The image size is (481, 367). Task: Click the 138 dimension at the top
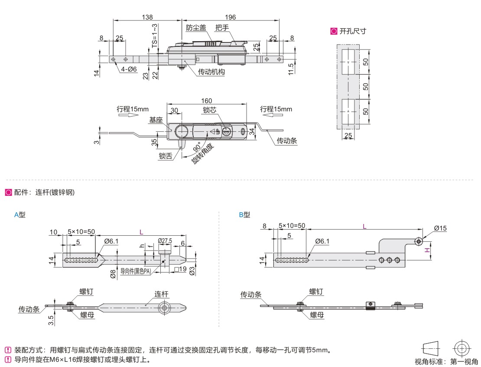click(x=147, y=17)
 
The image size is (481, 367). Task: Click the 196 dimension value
click(x=231, y=17)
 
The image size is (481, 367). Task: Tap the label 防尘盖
click(x=196, y=28)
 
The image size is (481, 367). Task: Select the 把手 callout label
click(x=222, y=28)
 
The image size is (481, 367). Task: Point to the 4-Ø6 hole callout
click(x=129, y=69)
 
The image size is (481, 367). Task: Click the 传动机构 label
click(x=211, y=72)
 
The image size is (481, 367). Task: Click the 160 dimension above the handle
click(x=206, y=101)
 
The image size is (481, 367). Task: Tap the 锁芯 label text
click(x=210, y=110)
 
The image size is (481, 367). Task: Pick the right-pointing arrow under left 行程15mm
click(x=128, y=115)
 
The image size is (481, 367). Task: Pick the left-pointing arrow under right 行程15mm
click(x=273, y=115)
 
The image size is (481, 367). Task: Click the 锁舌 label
click(x=166, y=156)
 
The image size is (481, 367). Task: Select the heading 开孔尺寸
click(x=353, y=31)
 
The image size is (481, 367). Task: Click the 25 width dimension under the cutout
click(x=348, y=135)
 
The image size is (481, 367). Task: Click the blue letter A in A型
click(x=16, y=215)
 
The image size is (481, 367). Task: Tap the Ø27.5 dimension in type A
click(x=165, y=241)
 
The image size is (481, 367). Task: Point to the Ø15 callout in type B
click(x=440, y=228)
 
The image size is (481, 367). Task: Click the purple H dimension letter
click(x=427, y=250)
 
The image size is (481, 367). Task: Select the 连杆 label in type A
click(x=161, y=294)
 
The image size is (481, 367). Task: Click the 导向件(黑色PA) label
click(x=136, y=271)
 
